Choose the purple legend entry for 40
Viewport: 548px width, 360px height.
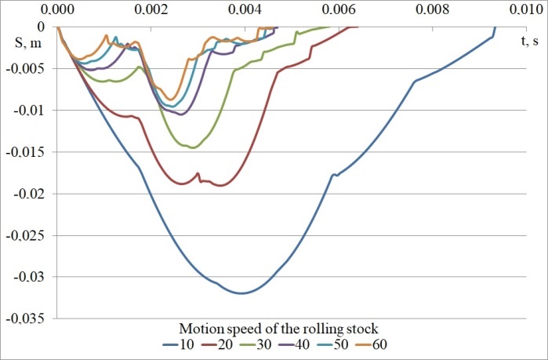(310, 344)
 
